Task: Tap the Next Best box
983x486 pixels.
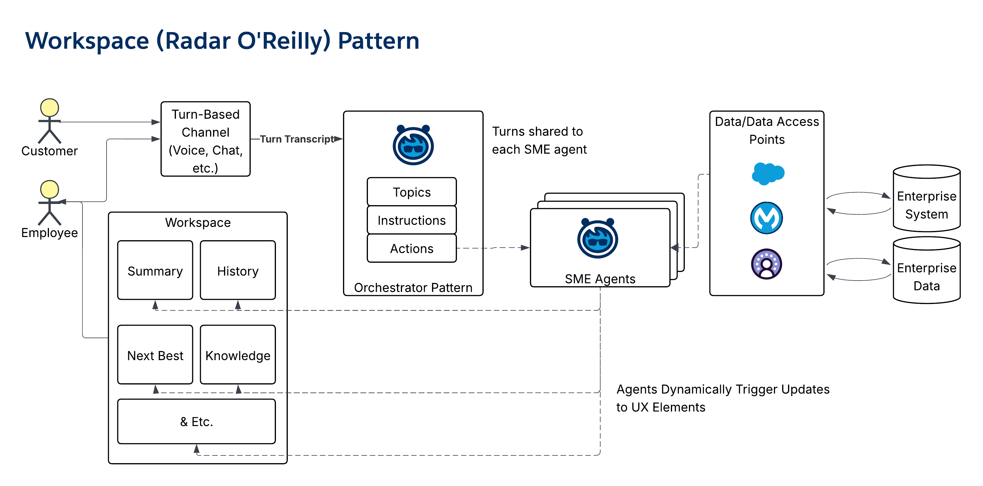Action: coord(155,355)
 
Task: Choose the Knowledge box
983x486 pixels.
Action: coord(237,355)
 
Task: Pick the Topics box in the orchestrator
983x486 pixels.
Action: coord(411,192)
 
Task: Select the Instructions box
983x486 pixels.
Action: coord(411,220)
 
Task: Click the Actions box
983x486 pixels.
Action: coord(411,248)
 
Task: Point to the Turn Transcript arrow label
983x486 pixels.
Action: coord(297,139)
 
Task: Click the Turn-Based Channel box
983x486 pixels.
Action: coord(205,139)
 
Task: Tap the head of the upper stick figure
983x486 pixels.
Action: coord(50,108)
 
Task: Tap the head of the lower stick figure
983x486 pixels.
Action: coord(50,189)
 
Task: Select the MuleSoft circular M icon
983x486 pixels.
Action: coord(766,218)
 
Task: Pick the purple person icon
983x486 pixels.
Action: coord(766,264)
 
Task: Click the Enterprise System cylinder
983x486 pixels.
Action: coord(927,199)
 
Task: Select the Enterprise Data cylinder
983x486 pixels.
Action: coord(927,270)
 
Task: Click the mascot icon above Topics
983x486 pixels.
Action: coord(413,145)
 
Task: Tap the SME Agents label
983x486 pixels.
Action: coord(600,279)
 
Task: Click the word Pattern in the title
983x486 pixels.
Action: coord(378,41)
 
